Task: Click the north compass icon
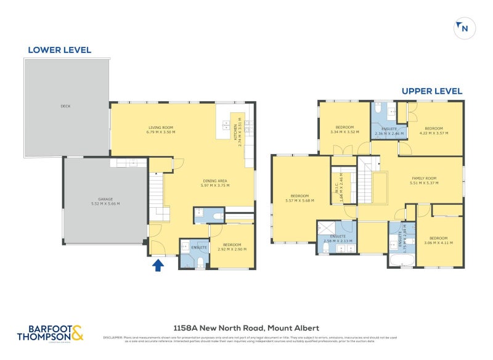point(462,28)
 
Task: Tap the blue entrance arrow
point(158,265)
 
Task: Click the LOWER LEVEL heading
point(59,50)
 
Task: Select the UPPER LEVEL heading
point(432,91)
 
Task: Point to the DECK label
point(65,106)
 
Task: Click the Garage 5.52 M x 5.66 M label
point(105,201)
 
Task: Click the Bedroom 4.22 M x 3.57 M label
point(434,130)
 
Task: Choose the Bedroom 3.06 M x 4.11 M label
point(438,240)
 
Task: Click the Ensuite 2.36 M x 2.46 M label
point(389,131)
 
